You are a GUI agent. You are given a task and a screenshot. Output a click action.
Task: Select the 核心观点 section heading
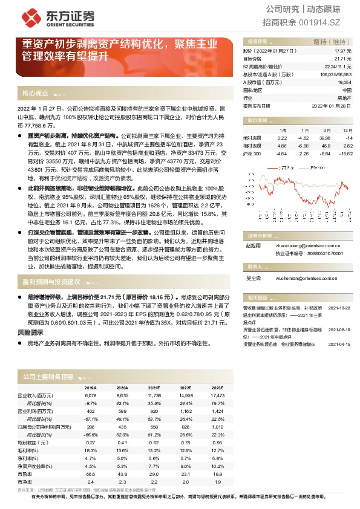coord(35,94)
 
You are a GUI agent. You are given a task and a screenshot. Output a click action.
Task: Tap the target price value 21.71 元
coord(342,59)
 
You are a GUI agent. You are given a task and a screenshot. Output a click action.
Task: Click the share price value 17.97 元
coord(342,52)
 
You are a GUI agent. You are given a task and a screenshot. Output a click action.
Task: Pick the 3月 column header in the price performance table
coord(326,131)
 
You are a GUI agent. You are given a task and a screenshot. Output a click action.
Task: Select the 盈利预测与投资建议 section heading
coord(51,282)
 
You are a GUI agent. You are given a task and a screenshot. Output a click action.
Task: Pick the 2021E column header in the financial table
coord(154,387)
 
